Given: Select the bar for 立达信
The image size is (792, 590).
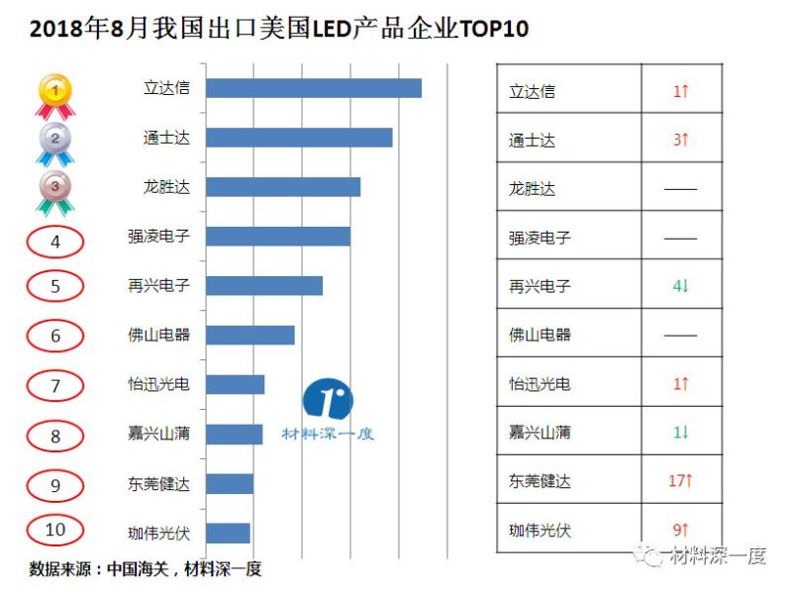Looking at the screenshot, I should click(314, 88).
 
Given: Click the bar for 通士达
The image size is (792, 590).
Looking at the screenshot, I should click(299, 138).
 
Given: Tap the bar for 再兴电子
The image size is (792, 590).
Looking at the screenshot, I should click(264, 286).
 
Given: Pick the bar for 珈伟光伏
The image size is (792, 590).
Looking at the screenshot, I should click(228, 534).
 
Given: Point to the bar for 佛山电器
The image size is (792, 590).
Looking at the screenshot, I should click(250, 336).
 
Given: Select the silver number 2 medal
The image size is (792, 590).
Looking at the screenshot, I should click(55, 142).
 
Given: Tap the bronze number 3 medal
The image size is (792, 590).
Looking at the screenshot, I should click(55, 190).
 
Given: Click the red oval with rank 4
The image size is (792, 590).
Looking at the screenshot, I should click(55, 241).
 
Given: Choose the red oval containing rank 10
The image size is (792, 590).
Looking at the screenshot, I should click(55, 530).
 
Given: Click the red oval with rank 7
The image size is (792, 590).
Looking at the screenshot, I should click(55, 385).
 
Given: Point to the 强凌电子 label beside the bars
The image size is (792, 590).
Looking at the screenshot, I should click(158, 237).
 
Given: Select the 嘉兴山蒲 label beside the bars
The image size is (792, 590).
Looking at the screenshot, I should click(158, 434).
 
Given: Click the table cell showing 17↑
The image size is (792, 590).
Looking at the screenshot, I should click(680, 481).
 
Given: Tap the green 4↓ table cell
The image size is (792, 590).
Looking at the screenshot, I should click(680, 286).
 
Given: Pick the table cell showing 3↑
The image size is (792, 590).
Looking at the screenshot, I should click(680, 140).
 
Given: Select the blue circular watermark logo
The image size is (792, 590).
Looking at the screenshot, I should click(328, 399).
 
